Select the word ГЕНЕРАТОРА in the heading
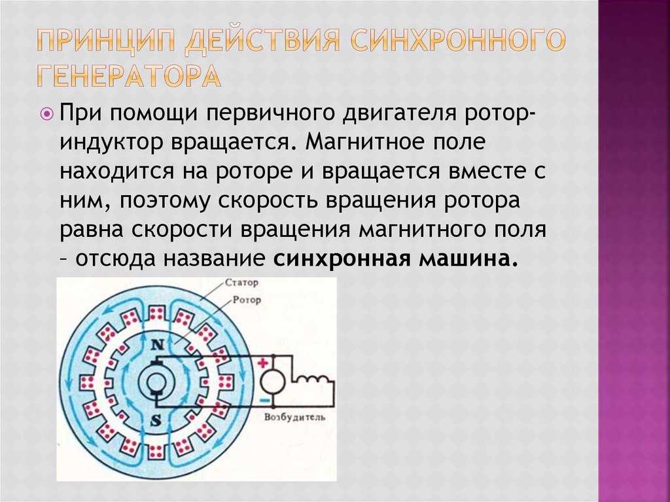point(129,76)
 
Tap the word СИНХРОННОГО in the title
point(457,42)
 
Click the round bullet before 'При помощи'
point(48,114)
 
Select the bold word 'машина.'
point(468,259)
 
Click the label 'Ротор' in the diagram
point(247,300)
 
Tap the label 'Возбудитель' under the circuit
point(295,418)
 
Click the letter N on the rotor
point(158,344)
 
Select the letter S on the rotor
point(156,421)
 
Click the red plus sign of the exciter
point(263,363)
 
